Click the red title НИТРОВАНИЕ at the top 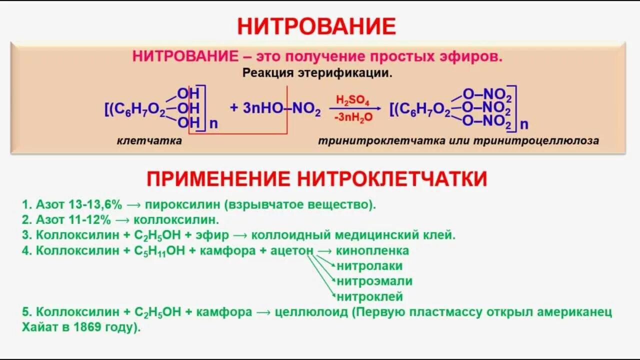(x=316, y=26)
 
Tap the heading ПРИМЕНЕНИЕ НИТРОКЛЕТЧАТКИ (x=316, y=178)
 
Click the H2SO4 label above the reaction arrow (x=352, y=100)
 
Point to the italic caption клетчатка (x=149, y=141)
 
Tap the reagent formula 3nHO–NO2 (x=275, y=108)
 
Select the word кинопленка (x=372, y=250)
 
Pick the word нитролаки (x=369, y=266)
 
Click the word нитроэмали (x=374, y=281)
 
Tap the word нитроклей (x=369, y=297)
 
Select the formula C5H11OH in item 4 (x=160, y=251)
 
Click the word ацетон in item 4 (x=292, y=250)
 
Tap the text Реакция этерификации (x=317, y=73)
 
